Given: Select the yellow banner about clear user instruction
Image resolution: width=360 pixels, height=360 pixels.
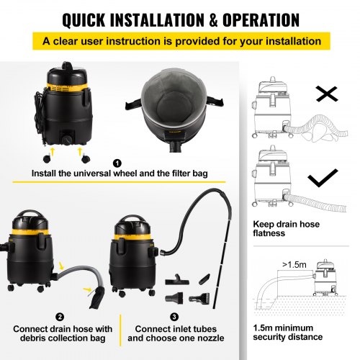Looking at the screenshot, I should pos(180,41).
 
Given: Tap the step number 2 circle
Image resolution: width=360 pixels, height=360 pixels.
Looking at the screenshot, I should pos(59,316).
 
